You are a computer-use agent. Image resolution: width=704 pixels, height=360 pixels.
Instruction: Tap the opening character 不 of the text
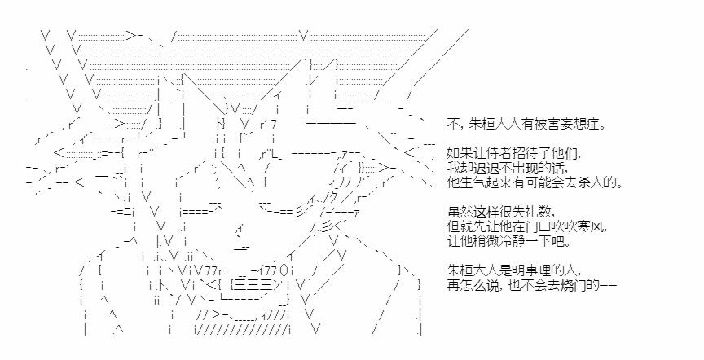(x=452, y=124)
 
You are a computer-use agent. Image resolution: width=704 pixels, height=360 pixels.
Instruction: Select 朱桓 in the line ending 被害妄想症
(x=480, y=124)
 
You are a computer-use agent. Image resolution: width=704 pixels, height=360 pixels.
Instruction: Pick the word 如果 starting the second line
(x=458, y=153)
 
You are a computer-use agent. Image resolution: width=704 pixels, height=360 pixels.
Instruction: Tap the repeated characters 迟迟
(x=480, y=168)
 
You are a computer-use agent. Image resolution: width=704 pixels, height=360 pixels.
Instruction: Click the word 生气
(x=469, y=182)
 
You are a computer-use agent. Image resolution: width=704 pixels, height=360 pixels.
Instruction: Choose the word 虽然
(x=458, y=212)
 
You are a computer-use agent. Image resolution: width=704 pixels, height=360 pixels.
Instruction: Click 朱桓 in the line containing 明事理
(x=458, y=270)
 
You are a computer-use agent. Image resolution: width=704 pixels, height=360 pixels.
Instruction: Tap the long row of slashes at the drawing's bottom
(x=243, y=330)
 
